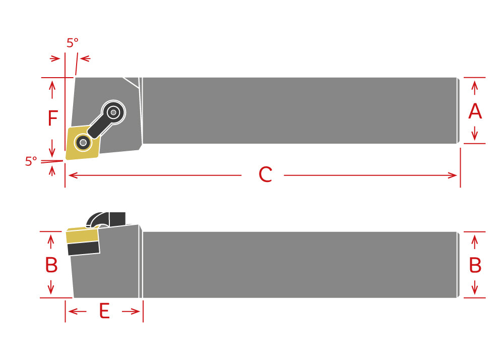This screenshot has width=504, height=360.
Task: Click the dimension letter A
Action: click(475, 111)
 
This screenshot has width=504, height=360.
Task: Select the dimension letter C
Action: click(266, 175)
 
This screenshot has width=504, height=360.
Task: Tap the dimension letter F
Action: click(53, 118)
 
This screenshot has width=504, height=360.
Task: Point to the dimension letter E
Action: click(104, 311)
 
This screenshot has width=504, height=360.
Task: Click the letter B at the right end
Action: click(475, 265)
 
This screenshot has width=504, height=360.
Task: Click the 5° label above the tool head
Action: click(72, 42)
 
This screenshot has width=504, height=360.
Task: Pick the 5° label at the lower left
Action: click(31, 161)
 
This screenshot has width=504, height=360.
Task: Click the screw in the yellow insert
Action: click(83, 142)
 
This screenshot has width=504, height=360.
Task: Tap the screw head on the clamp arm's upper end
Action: click(113, 112)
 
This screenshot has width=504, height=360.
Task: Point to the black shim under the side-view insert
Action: click(84, 249)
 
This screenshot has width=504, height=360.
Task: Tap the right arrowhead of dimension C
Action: click(453, 175)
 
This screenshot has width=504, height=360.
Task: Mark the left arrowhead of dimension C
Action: click(73, 175)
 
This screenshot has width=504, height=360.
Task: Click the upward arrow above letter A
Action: click(475, 88)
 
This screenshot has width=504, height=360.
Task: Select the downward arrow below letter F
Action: click(52, 148)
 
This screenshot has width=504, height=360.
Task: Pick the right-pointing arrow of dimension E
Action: click(131, 311)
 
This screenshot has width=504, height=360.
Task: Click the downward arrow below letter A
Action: click(475, 134)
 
